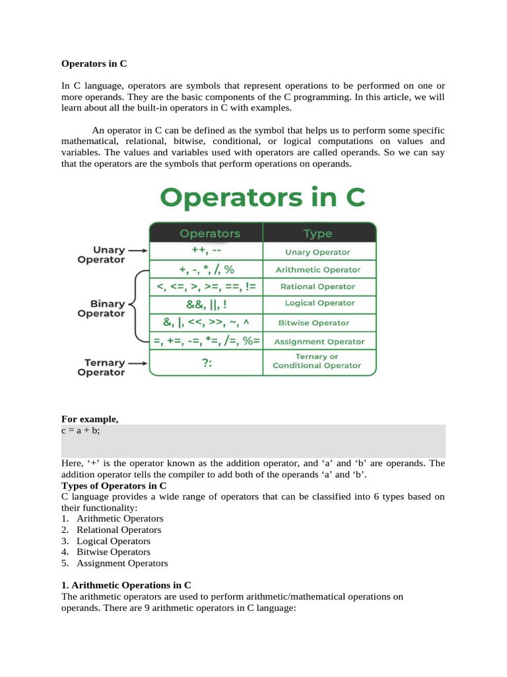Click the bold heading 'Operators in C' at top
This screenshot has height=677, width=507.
pyautogui.click(x=94, y=64)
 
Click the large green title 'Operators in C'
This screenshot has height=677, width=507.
pyautogui.click(x=263, y=198)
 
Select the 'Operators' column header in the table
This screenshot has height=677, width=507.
pyautogui.click(x=210, y=233)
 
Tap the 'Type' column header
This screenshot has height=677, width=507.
pyautogui.click(x=318, y=233)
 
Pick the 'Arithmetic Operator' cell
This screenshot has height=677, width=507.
pyautogui.click(x=318, y=270)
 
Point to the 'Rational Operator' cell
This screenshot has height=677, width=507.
pyautogui.click(x=318, y=287)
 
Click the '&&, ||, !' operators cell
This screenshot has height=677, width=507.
pyautogui.click(x=207, y=304)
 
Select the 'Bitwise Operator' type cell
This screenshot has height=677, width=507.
pyautogui.click(x=318, y=323)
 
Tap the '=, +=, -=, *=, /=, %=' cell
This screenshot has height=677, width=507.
pyautogui.click(x=207, y=341)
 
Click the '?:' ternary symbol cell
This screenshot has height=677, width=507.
pyautogui.click(x=207, y=364)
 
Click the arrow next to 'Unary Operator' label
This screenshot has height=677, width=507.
pyautogui.click(x=137, y=251)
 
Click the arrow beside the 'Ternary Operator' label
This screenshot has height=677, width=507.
pyautogui.click(x=137, y=363)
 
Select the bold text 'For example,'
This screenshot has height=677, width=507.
pyautogui.click(x=89, y=419)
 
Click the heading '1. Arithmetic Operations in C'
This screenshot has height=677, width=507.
pyautogui.click(x=127, y=585)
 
